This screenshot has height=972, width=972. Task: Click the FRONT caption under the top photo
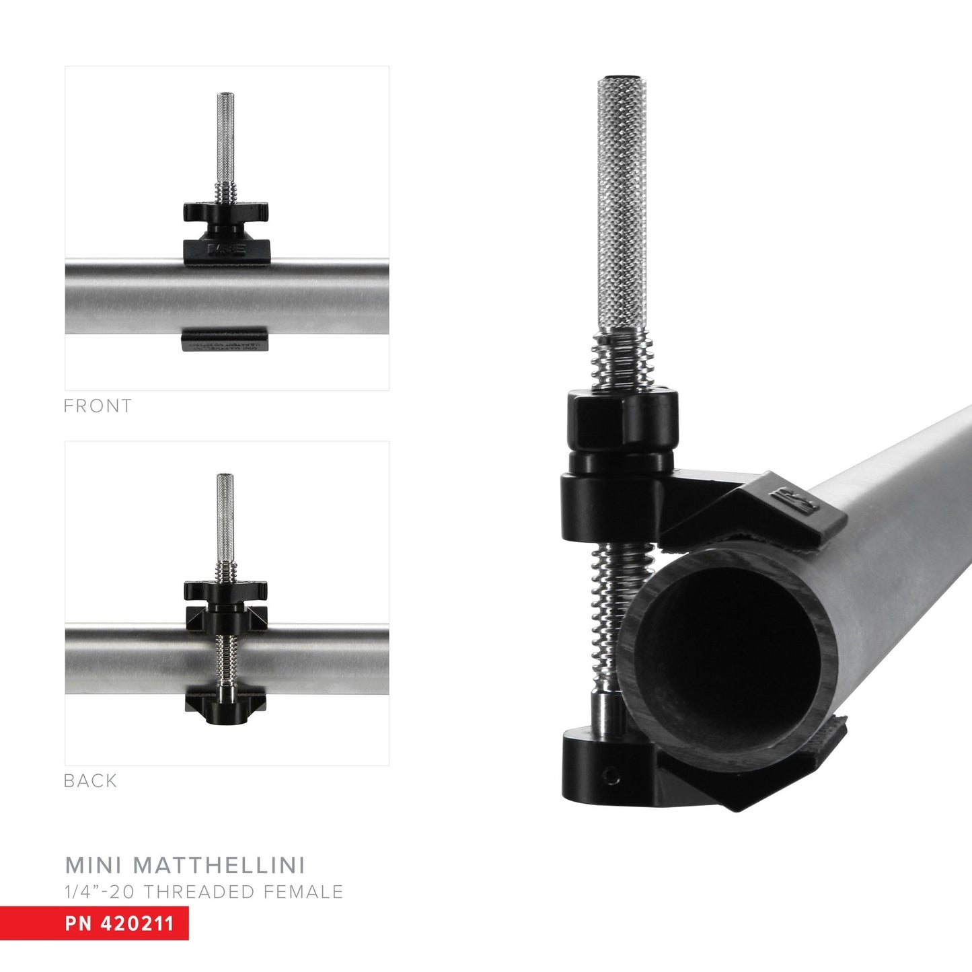[98, 406]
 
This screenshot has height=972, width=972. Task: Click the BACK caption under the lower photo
[90, 781]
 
